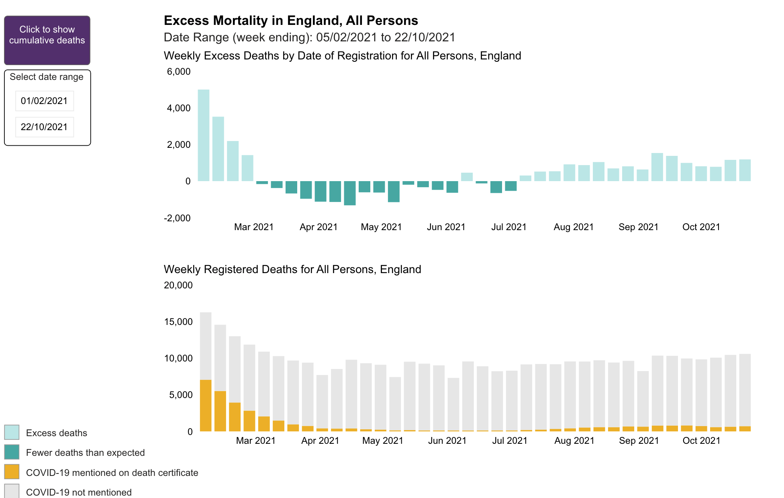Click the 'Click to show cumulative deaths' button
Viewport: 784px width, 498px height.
[x=47, y=40]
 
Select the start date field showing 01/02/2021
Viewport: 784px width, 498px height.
[x=44, y=101]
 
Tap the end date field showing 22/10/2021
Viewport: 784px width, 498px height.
[x=44, y=127]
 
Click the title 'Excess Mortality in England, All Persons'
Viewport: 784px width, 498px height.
[x=291, y=20]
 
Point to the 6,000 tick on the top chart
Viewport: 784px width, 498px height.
[x=179, y=71]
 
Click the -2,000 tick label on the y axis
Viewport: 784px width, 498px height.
[x=177, y=218]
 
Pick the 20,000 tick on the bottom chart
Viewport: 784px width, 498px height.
[x=178, y=285]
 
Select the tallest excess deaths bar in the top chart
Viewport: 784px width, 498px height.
[x=204, y=135]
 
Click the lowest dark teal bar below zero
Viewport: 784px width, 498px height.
[x=350, y=193]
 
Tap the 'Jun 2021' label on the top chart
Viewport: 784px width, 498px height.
[x=446, y=227]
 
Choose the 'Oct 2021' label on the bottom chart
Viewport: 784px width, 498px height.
[x=701, y=441]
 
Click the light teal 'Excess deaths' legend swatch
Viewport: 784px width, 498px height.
[x=12, y=433]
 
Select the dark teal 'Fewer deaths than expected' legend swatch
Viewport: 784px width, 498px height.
[x=12, y=452]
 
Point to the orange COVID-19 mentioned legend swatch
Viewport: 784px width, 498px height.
[x=12, y=472]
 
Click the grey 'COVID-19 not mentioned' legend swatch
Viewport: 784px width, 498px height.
[x=12, y=491]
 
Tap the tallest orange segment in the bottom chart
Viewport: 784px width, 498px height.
[x=206, y=406]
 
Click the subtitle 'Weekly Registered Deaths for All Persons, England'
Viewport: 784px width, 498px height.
[x=292, y=269]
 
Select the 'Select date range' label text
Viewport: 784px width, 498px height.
[x=47, y=77]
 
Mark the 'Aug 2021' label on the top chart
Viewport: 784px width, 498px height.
[x=574, y=227]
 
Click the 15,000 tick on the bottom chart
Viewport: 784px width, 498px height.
[x=178, y=322]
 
